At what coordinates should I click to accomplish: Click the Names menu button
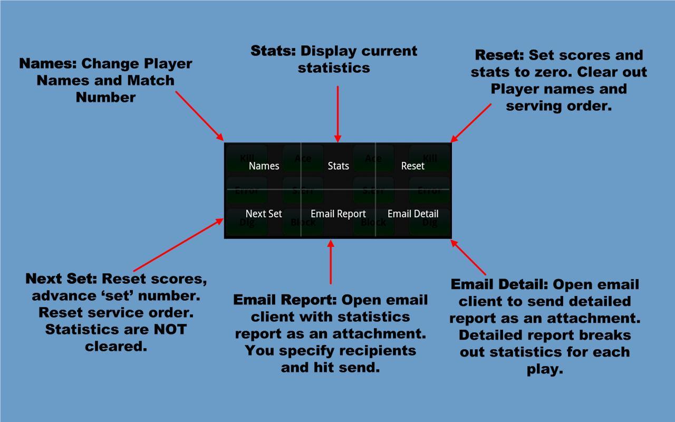[x=264, y=166]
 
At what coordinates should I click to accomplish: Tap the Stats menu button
[x=338, y=166]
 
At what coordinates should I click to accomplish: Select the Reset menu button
[x=412, y=166]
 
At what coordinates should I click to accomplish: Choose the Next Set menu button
[x=264, y=214]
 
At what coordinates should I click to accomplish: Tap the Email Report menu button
[x=338, y=214]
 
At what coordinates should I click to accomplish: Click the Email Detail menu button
[x=413, y=214]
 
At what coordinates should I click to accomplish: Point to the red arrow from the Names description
[x=200, y=116]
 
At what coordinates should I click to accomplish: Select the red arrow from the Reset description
[x=471, y=123]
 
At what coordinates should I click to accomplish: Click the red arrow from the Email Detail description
[x=468, y=257]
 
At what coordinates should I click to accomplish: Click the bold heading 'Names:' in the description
[x=48, y=64]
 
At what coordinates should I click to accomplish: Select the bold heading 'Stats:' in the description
[x=273, y=51]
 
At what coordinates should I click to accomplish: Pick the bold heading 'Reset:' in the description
[x=499, y=55]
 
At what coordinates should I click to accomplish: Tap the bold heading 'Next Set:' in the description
[x=61, y=279]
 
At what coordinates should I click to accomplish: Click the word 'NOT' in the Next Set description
[x=170, y=329]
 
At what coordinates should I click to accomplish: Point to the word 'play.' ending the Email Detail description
[x=545, y=369]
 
